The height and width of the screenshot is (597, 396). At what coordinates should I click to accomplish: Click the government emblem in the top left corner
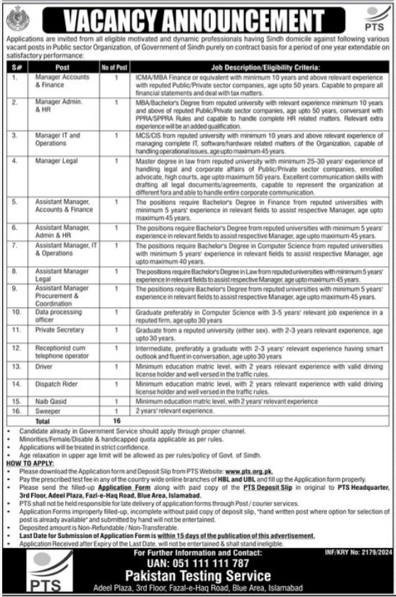coord(14,16)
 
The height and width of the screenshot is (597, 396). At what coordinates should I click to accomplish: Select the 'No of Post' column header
coord(114,67)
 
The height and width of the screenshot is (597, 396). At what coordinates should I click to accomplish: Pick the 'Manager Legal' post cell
coord(55,162)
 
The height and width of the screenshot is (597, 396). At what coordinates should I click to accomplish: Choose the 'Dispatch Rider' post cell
coord(54,384)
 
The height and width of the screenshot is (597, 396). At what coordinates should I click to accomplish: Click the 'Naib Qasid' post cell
coord(50,401)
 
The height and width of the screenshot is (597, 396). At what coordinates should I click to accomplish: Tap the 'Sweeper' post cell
coord(48,411)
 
